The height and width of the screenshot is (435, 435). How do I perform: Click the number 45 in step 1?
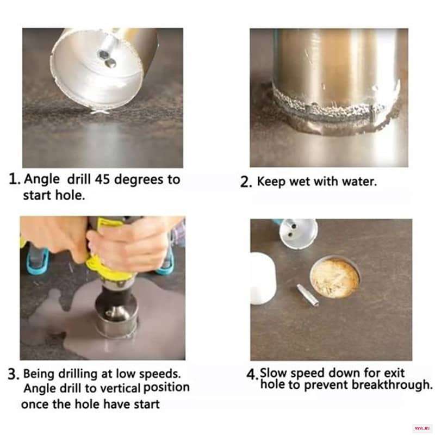tap(103, 179)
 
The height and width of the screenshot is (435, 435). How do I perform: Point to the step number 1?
tap(14, 179)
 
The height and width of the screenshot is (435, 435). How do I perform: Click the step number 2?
tap(246, 182)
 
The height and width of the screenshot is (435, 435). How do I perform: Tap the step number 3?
tap(14, 375)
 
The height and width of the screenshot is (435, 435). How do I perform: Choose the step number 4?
tap(252, 375)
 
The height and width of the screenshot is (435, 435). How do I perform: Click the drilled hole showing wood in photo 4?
tap(335, 277)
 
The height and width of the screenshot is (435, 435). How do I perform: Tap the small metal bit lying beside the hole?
tap(307, 295)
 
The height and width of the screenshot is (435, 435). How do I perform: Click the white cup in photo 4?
tap(263, 278)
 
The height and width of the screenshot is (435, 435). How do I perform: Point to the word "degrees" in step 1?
tap(140, 181)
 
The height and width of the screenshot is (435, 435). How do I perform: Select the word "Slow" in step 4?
tap(273, 372)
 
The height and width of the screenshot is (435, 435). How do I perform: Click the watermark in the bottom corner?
tap(422, 428)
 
